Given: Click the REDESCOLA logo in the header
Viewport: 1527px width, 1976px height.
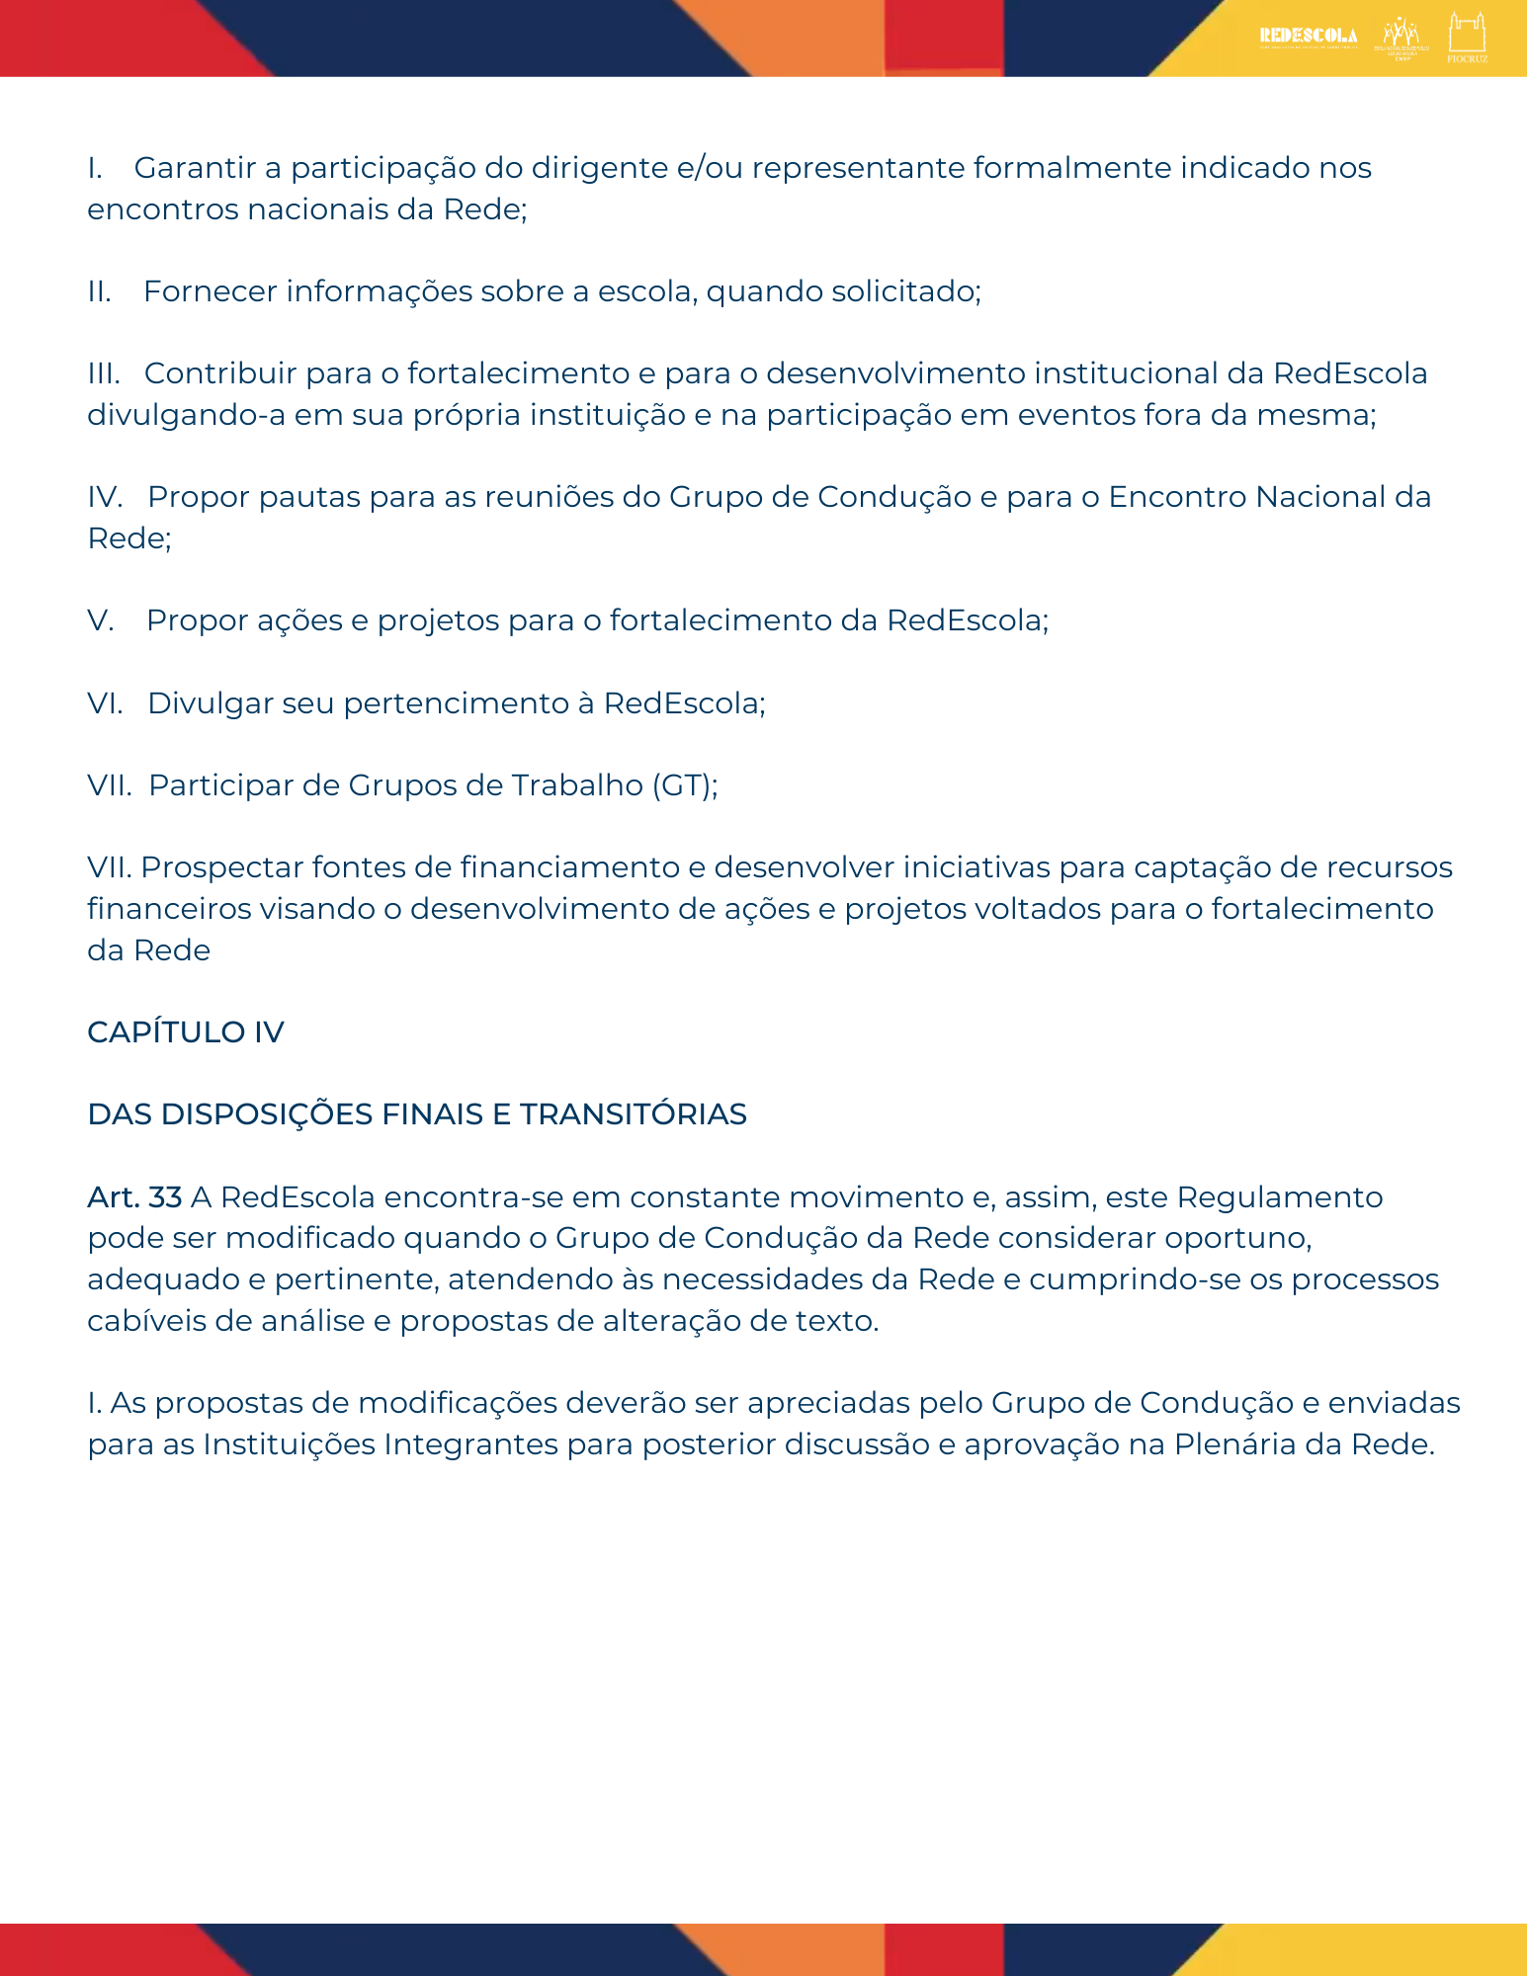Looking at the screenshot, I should click(x=1308, y=37).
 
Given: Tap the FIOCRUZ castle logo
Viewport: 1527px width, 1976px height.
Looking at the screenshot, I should click(x=1467, y=36).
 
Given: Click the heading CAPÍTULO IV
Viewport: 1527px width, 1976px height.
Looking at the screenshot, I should click(x=186, y=1032).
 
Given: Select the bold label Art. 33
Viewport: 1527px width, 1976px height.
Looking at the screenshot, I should click(x=134, y=1197).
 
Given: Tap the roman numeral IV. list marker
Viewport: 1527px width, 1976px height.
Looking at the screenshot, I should click(x=105, y=497).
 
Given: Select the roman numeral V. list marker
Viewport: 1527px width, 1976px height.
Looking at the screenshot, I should click(x=101, y=620).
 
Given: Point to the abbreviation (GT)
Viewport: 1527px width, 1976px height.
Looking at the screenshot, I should click(x=681, y=785).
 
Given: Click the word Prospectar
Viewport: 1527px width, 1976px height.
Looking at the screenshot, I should click(x=221, y=867).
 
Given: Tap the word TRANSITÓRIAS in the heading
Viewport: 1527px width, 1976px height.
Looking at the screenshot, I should click(x=634, y=1114).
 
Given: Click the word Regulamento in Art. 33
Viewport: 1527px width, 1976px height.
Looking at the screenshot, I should click(x=1279, y=1197).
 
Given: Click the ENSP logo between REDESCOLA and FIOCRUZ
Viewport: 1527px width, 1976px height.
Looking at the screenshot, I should click(x=1401, y=38).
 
